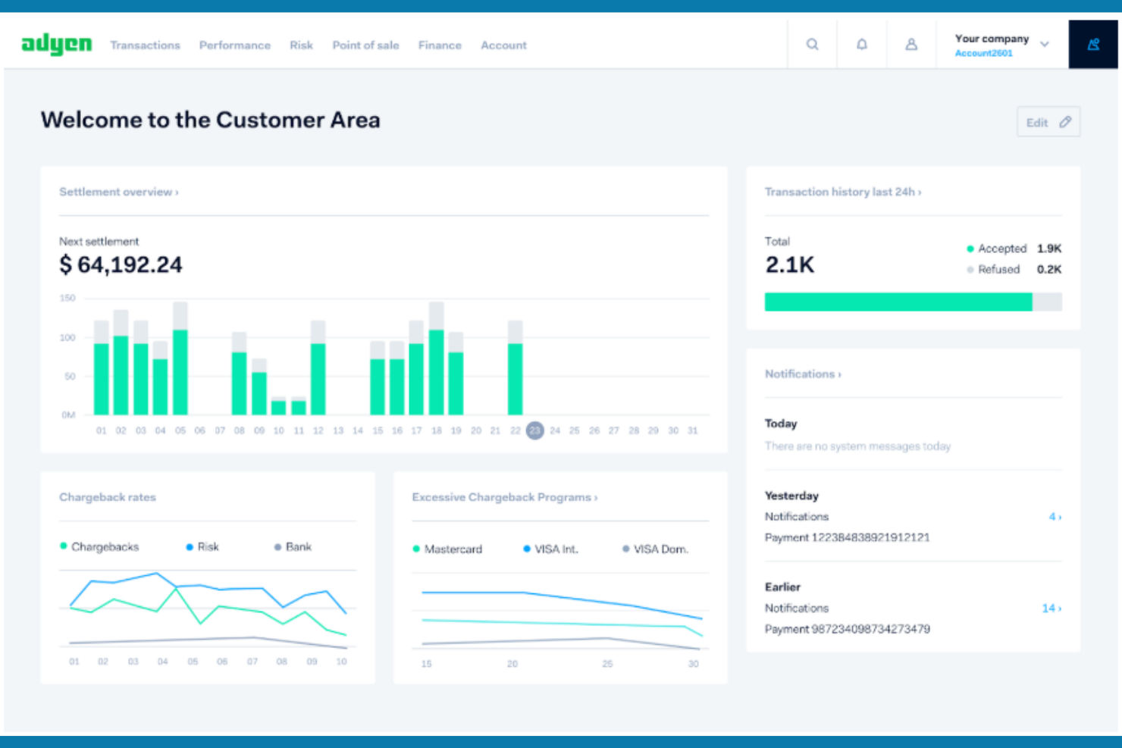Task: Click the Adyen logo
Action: (x=56, y=45)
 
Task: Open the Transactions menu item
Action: (x=145, y=45)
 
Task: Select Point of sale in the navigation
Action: (x=365, y=45)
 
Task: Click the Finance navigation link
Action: (x=440, y=45)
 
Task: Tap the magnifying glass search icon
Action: (x=812, y=45)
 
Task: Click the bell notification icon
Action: (x=862, y=45)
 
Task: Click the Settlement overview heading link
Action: (x=118, y=192)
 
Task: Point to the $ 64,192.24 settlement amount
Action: (x=121, y=264)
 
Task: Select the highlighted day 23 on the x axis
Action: (x=534, y=430)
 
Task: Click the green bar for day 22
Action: (x=515, y=379)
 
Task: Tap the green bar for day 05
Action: (x=180, y=372)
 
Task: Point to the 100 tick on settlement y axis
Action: (x=67, y=337)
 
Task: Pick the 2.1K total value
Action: (x=789, y=264)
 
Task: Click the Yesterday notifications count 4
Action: (x=1055, y=517)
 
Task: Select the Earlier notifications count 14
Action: (x=1051, y=609)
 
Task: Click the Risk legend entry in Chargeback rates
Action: (x=207, y=547)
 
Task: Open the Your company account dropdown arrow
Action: (x=1045, y=45)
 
